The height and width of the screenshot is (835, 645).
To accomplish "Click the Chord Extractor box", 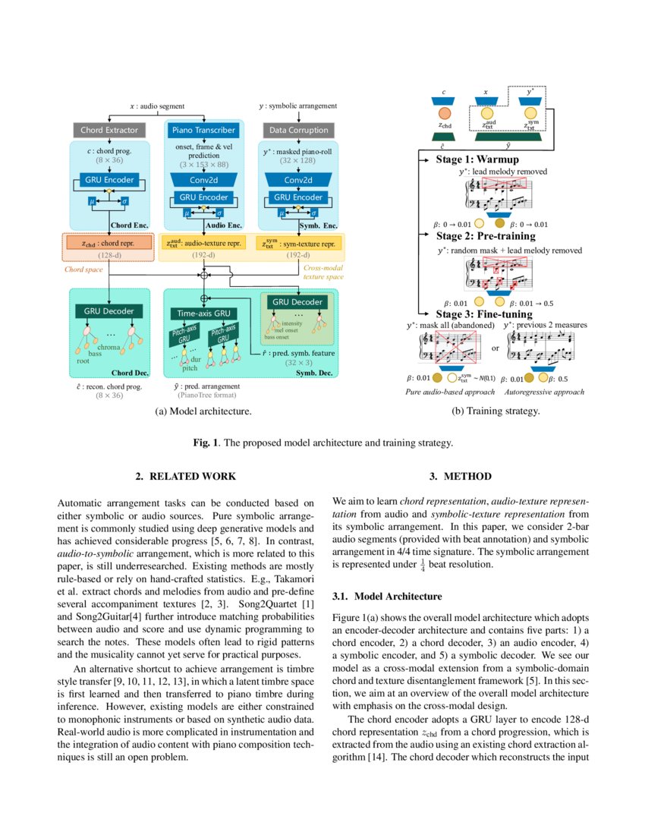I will pyautogui.click(x=110, y=130).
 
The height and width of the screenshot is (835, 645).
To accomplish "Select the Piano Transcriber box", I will pyautogui.click(x=203, y=130).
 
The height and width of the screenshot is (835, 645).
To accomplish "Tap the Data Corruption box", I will pyautogui.click(x=299, y=130).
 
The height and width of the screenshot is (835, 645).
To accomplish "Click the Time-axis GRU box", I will pyautogui.click(x=203, y=312).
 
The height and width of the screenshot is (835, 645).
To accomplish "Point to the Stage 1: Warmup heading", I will pyautogui.click(x=477, y=160).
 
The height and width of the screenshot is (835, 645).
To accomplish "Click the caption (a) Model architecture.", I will pyautogui.click(x=203, y=411).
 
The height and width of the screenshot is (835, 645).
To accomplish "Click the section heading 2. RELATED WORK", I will pyautogui.click(x=186, y=476).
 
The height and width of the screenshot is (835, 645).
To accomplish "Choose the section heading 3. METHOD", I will pyautogui.click(x=460, y=476).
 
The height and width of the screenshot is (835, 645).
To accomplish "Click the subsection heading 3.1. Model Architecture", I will pyautogui.click(x=388, y=597).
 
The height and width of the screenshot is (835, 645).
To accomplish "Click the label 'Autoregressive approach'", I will pyautogui.click(x=546, y=392).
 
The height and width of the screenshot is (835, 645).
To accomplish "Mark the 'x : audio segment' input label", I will pyautogui.click(x=158, y=107).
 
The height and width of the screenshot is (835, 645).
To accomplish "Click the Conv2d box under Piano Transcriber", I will pyautogui.click(x=203, y=180).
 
